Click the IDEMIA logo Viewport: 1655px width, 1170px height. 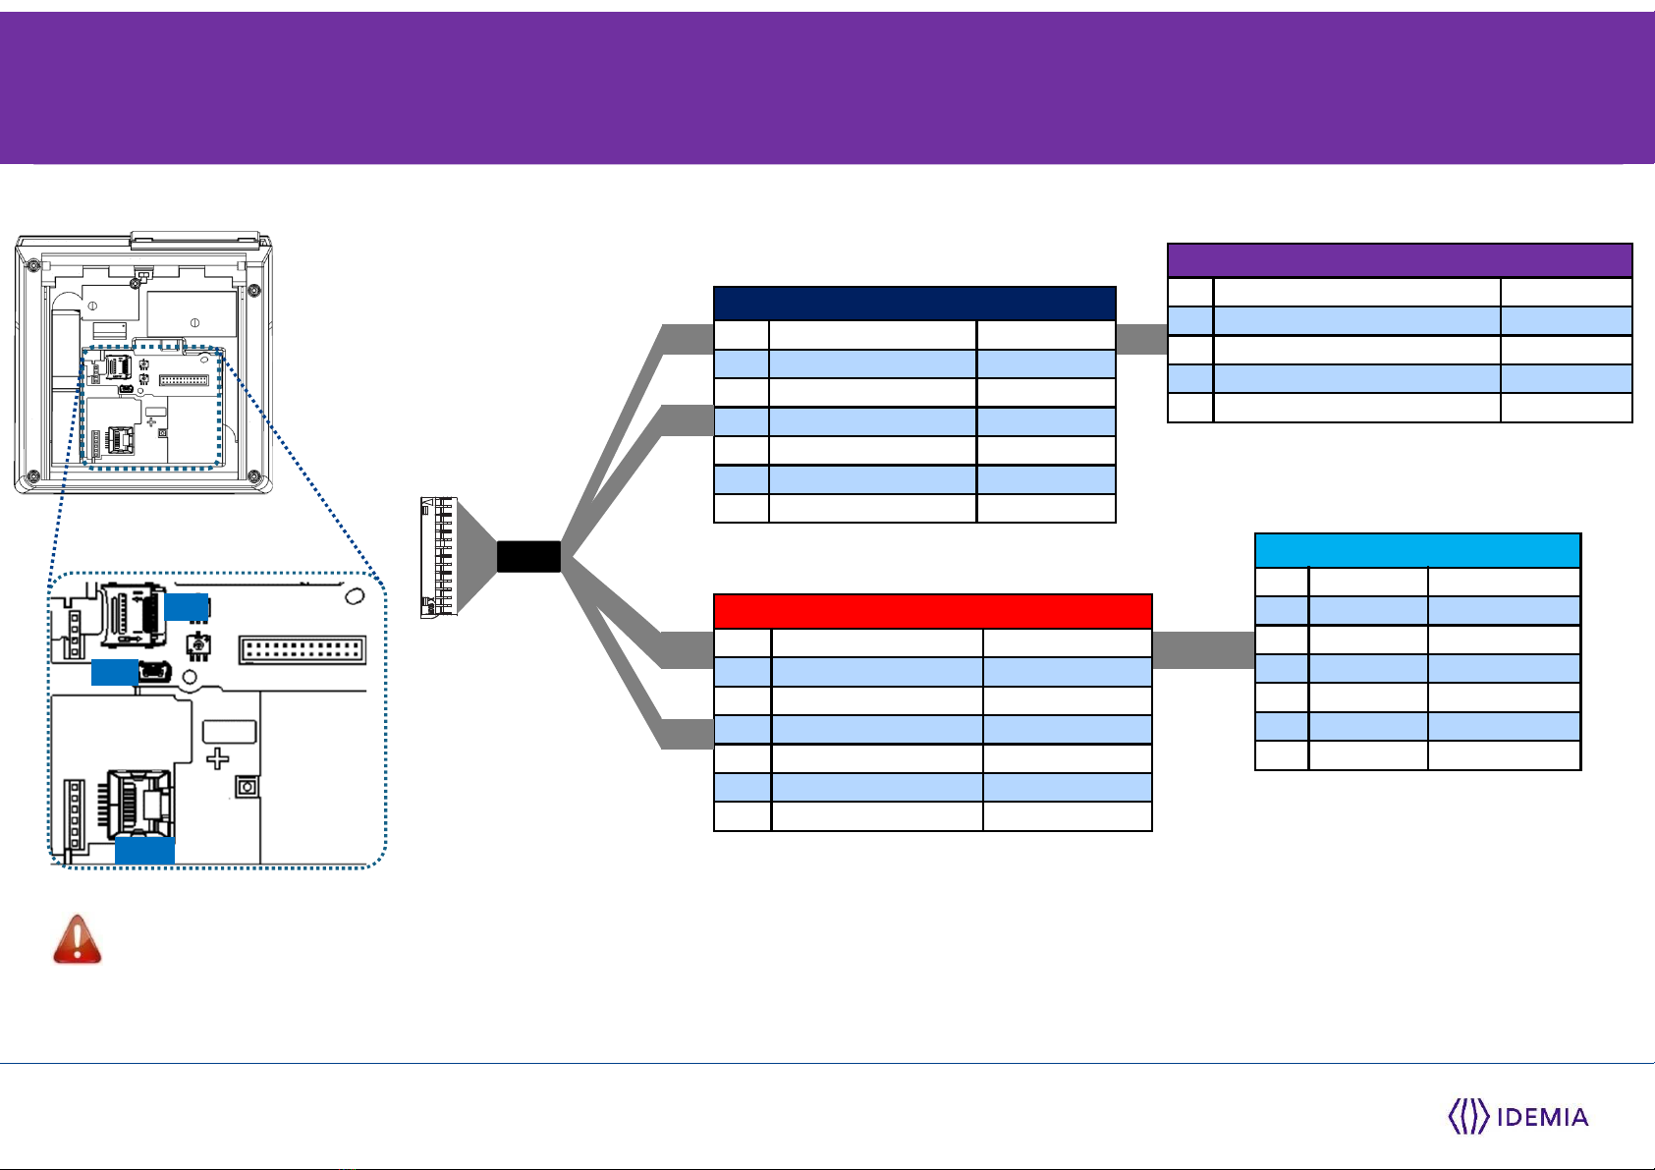click(x=1518, y=1116)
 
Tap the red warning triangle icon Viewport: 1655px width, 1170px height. click(x=77, y=939)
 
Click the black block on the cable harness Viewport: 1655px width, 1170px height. click(x=528, y=557)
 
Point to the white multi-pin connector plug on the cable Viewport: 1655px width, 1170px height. click(x=439, y=557)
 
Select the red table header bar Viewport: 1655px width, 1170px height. click(x=932, y=611)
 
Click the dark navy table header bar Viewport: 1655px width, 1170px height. click(x=914, y=303)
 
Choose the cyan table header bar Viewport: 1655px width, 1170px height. click(x=1418, y=550)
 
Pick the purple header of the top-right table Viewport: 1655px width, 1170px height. click(x=1400, y=260)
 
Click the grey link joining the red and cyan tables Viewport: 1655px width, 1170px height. click(x=1203, y=650)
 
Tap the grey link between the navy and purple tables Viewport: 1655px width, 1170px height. click(x=1141, y=339)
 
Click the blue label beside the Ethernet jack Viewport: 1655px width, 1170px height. click(x=144, y=850)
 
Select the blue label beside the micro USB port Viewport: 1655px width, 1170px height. click(x=115, y=672)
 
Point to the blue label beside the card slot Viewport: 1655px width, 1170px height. click(x=187, y=607)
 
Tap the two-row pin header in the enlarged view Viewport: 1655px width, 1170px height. click(x=303, y=650)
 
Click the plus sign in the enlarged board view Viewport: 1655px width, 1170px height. click(x=217, y=758)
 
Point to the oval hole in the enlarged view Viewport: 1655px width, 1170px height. click(x=355, y=595)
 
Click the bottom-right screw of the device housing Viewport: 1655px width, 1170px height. click(x=254, y=475)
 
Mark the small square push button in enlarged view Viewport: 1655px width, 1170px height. click(x=247, y=787)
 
